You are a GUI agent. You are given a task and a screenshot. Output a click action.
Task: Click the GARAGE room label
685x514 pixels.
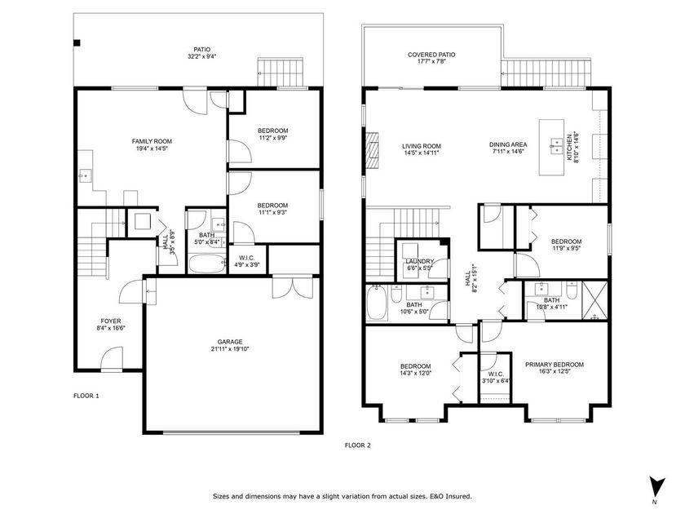(x=230, y=342)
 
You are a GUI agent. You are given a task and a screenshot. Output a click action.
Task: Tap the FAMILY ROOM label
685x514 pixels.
(x=152, y=141)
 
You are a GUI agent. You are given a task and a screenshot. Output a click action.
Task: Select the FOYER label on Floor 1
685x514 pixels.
(x=112, y=321)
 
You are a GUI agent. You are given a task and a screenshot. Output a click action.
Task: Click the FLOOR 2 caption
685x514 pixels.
(x=357, y=445)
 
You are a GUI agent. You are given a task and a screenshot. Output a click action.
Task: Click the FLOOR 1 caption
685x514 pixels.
(x=86, y=396)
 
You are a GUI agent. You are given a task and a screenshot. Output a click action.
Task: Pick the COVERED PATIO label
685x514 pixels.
(x=431, y=55)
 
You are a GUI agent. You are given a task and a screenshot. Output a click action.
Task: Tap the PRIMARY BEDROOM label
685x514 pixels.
(x=554, y=365)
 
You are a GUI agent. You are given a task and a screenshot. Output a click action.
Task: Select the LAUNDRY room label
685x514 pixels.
(x=420, y=262)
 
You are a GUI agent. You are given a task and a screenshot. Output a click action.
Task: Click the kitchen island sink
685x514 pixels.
(x=560, y=146)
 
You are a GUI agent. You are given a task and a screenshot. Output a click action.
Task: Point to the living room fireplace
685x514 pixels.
(x=373, y=150)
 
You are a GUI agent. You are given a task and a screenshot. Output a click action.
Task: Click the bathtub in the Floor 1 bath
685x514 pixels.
(x=206, y=264)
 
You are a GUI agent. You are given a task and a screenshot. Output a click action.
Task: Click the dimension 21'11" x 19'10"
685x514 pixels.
(x=230, y=350)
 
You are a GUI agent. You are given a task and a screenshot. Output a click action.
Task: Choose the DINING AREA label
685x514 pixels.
(x=508, y=144)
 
